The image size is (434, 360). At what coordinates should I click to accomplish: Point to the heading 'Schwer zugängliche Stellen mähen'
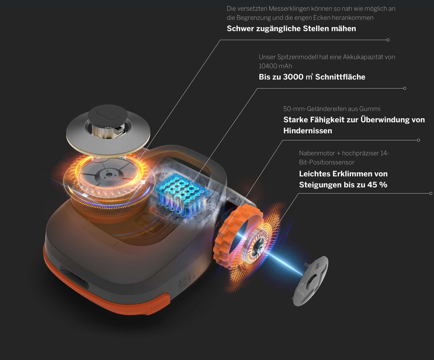click(291, 29)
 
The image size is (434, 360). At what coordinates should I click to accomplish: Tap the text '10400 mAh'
click(275, 66)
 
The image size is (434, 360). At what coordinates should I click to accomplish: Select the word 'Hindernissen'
click(308, 131)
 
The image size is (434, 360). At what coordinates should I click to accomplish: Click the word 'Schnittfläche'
click(340, 77)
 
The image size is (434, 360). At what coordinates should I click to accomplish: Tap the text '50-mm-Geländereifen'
click(320, 109)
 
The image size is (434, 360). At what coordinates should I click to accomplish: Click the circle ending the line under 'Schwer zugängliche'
click(388, 40)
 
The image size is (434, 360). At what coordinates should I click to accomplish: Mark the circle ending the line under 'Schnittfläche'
click(405, 88)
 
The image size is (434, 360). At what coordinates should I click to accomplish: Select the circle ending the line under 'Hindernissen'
click(418, 140)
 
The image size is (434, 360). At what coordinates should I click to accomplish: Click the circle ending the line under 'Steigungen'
click(431, 193)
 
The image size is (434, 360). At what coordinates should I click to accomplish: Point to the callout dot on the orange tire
click(222, 234)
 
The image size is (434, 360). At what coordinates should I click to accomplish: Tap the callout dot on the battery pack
click(192, 183)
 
